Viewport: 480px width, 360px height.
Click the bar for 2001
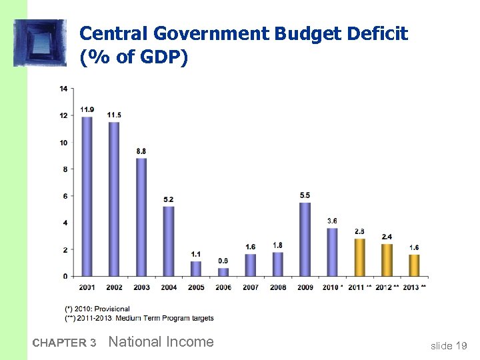coord(87,197)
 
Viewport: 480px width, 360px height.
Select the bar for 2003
coord(141,217)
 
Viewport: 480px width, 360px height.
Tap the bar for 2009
coord(305,239)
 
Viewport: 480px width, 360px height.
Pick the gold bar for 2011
coord(359,257)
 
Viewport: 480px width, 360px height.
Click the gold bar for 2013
coord(414,265)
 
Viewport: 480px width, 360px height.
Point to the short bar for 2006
coord(223,272)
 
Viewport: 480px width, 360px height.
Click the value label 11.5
coord(114,115)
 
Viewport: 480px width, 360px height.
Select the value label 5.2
coord(169,199)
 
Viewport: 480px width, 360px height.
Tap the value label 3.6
coord(332,221)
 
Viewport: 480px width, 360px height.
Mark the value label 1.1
coord(196,254)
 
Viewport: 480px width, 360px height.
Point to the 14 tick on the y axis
coord(63,89)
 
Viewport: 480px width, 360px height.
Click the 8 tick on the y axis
coord(64,169)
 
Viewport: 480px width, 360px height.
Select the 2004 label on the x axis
coord(169,287)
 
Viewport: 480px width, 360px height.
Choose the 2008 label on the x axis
coord(277,287)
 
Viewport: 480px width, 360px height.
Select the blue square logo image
coord(40,43)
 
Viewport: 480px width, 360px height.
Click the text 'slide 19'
coord(449,345)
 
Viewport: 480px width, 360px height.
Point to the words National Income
coord(161,342)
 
